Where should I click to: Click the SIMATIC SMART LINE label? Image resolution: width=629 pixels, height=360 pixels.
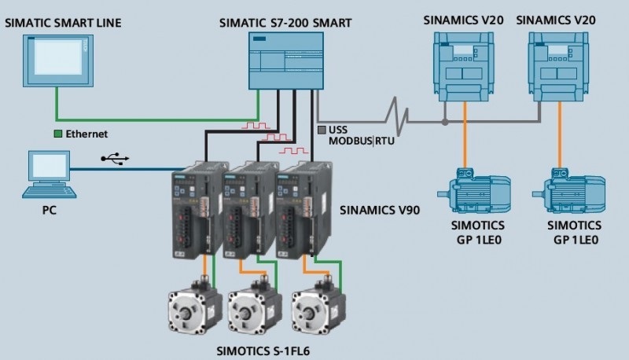click(64, 22)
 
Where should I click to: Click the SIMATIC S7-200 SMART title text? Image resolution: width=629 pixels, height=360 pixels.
click(284, 22)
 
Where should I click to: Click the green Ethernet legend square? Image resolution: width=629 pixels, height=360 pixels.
click(57, 134)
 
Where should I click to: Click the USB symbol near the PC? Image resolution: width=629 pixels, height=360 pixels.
click(116, 160)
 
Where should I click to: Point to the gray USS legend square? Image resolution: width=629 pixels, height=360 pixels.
click(321, 129)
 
